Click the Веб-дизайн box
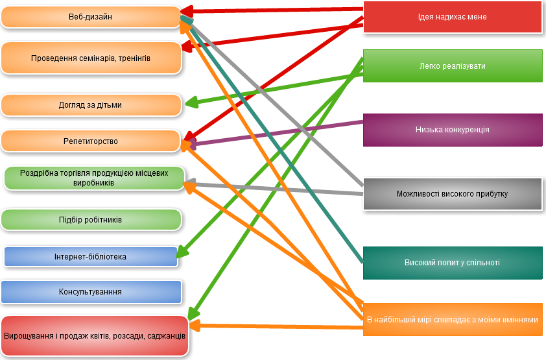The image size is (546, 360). coord(90,17)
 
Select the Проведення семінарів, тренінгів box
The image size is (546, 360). coord(91,58)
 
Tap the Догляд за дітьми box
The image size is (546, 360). coord(91,105)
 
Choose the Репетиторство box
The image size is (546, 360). coord(90,141)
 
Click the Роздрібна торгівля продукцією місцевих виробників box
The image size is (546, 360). coord(94,178)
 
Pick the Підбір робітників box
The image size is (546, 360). coord(91,220)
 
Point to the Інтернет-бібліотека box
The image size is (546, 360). coord(90,257)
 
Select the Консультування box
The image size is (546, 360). coord(91,292)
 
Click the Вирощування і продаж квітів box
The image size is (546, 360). coord(95,336)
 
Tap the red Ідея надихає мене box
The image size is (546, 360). coord(452,17)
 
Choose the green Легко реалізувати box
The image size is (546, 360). coord(452,66)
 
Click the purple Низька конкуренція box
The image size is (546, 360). coord(452,130)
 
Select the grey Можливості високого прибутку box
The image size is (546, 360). coord(452,194)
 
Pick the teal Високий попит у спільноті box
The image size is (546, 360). coord(452,263)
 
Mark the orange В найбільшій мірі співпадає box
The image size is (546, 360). coord(452,320)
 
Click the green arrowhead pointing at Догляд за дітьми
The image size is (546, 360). coord(190,102)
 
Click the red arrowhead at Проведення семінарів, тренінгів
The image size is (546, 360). coord(186,47)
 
